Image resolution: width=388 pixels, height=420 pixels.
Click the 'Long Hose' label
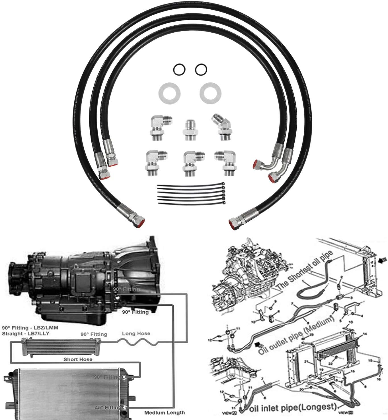(x=136, y=334)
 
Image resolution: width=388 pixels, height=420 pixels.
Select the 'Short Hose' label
(x=78, y=359)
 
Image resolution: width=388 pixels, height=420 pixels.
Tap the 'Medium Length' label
(x=165, y=413)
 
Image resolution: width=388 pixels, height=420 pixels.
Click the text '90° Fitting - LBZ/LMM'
(x=30, y=328)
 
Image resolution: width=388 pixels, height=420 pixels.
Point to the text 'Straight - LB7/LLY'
(x=26, y=333)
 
